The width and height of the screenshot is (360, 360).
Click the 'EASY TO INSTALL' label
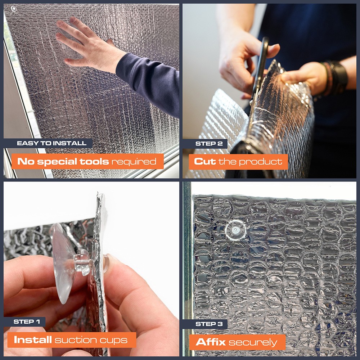pyautogui.click(x=51, y=143)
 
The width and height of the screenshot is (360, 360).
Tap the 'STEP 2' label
pyautogui.click(x=209, y=144)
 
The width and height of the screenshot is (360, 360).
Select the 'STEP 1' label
pyautogui.click(x=27, y=321)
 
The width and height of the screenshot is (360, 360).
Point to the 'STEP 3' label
pyautogui.click(x=209, y=324)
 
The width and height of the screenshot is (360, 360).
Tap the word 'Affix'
pyautogui.click(x=211, y=342)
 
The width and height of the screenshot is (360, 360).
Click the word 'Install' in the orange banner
pyautogui.click(x=33, y=339)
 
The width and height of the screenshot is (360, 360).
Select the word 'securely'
pyautogui.click(x=253, y=343)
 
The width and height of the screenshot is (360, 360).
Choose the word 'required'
pyautogui.click(x=134, y=162)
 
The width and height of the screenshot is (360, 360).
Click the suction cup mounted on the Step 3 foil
pyautogui.click(x=235, y=230)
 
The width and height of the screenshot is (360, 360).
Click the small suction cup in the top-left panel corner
pyautogui.click(x=14, y=9)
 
